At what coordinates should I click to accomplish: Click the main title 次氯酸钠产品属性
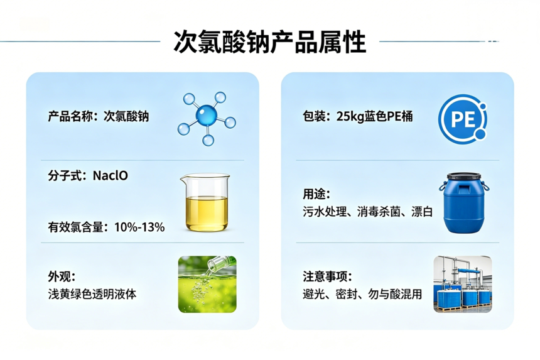[x=269, y=41]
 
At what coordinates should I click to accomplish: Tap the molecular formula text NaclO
[x=111, y=176]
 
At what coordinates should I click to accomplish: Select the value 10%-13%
[x=139, y=227]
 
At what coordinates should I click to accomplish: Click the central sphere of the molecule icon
[x=207, y=115]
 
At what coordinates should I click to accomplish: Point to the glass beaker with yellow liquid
[x=205, y=202]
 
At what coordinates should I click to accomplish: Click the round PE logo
[x=463, y=119]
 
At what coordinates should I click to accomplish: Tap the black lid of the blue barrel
[x=463, y=176]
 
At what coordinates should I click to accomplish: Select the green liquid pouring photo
[x=207, y=284]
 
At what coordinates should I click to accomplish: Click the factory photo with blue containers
[x=463, y=284]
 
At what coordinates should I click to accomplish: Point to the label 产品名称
[x=70, y=116]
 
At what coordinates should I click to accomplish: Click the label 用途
[x=314, y=194]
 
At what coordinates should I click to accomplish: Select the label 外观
[x=59, y=276]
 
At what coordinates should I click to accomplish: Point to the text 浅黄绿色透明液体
[x=92, y=294]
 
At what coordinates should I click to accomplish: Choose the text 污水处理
[x=325, y=211]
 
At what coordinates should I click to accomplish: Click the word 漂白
[x=422, y=211]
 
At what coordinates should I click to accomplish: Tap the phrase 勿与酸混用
[x=395, y=294]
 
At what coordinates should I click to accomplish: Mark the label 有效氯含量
[x=76, y=227]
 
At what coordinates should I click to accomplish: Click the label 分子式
[x=65, y=176]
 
